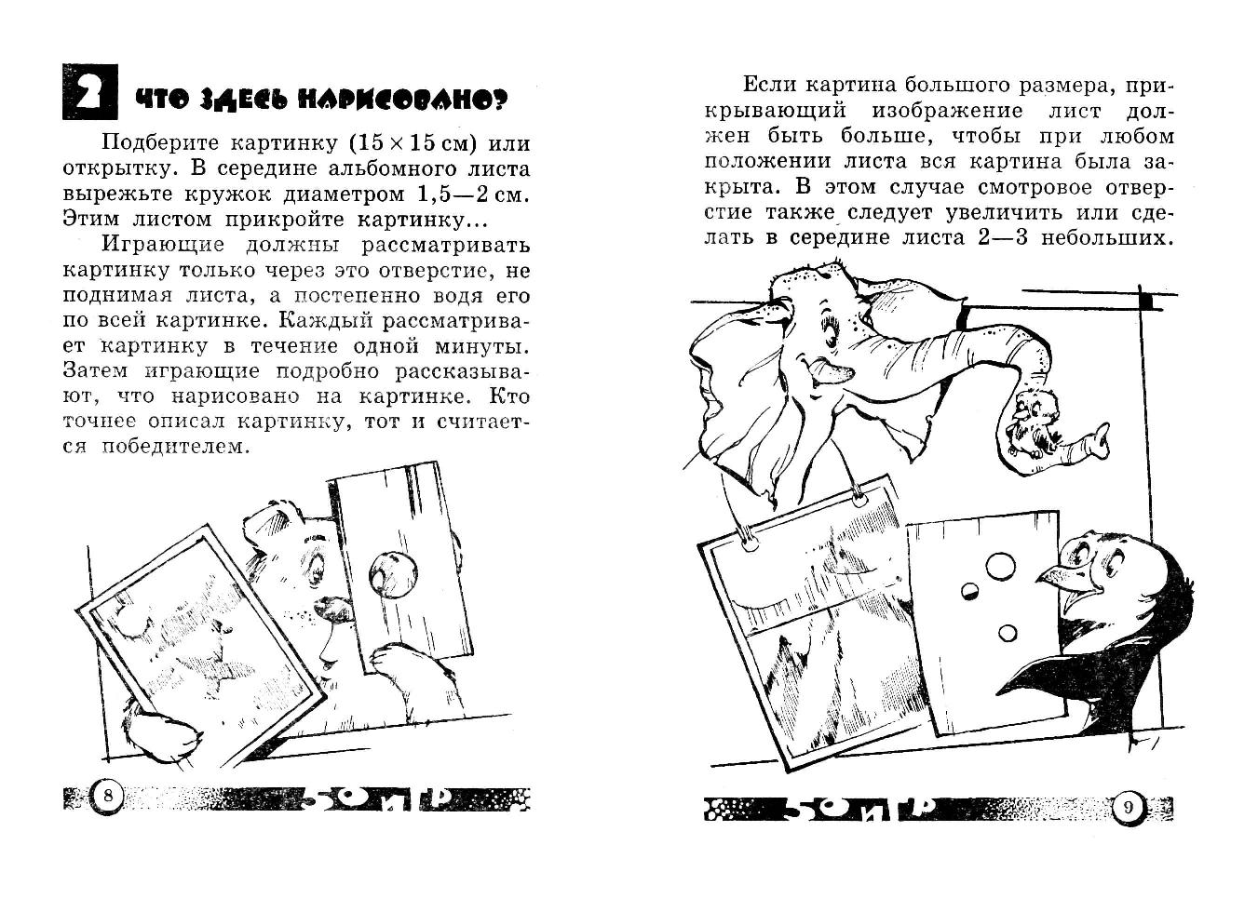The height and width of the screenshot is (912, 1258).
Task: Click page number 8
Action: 109,796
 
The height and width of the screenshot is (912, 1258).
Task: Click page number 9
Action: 1129,807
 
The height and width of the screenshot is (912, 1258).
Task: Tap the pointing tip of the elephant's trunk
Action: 1103,433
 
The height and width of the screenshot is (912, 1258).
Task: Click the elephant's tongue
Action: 831,373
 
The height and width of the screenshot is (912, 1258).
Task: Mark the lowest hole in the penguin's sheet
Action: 1008,634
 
